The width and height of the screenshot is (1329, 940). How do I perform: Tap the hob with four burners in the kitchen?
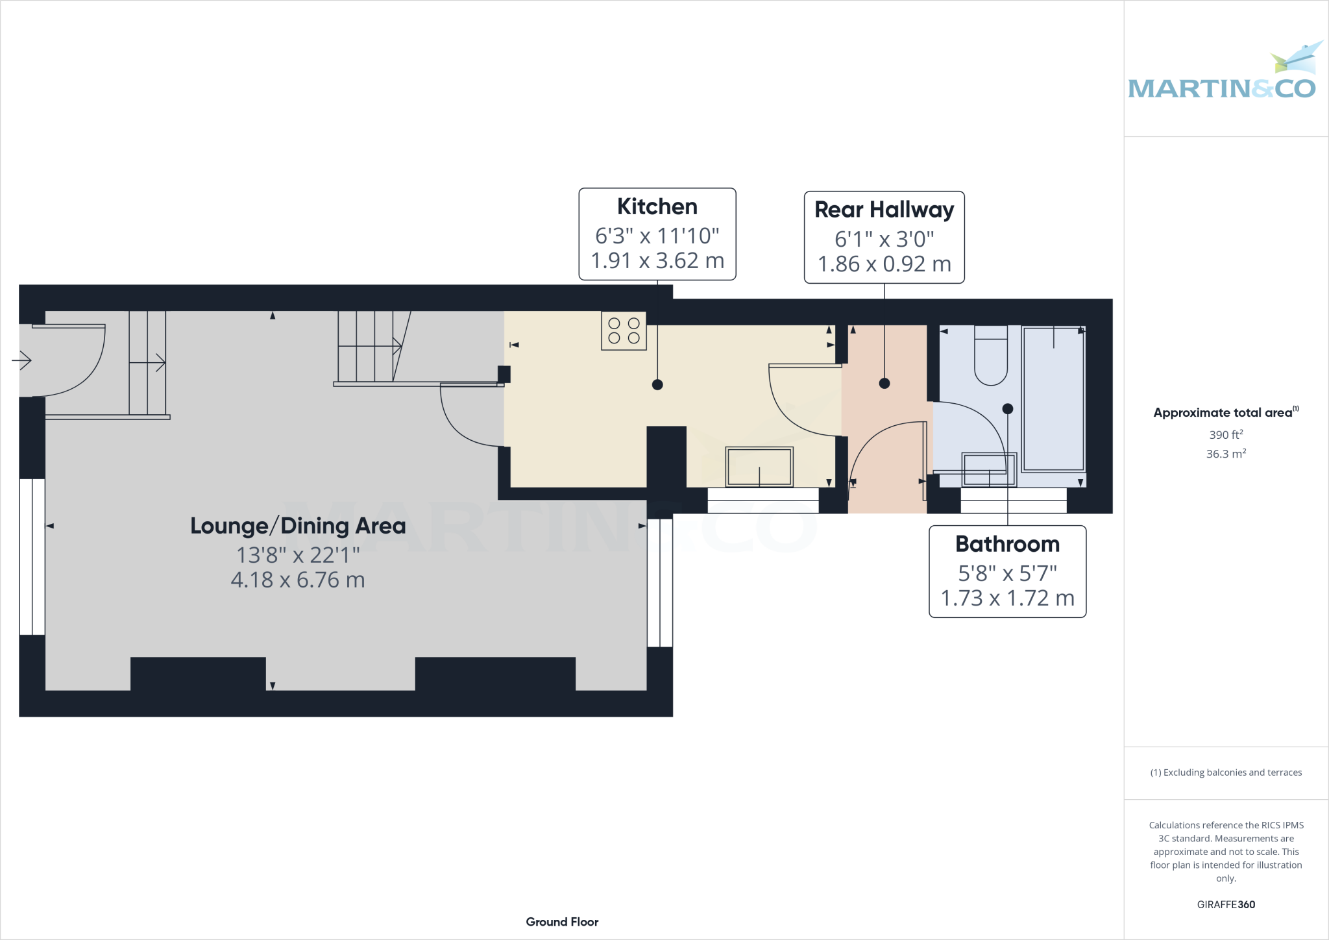coord(624,331)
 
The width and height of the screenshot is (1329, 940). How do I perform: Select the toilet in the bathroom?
coord(990,357)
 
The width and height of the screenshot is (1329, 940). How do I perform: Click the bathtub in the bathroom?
coord(1053,399)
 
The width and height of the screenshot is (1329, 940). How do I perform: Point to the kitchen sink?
coord(759,466)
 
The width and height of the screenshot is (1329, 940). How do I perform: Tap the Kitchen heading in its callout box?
coord(657,206)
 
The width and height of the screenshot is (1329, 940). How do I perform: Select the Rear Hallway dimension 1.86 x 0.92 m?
coord(884,264)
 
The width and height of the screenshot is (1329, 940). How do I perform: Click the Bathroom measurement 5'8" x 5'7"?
coord(1007,573)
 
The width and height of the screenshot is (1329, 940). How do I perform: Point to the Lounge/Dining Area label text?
coord(298,526)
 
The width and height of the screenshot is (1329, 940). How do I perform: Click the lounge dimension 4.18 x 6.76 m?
coord(298,580)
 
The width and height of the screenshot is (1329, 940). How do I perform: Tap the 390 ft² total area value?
coord(1225,434)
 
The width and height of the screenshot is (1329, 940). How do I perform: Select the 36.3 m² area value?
coord(1225,454)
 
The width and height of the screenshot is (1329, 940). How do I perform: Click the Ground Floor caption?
coord(562,922)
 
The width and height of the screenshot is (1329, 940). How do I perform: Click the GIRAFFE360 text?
coord(1225,904)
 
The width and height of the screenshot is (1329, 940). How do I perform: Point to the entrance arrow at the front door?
coord(21,360)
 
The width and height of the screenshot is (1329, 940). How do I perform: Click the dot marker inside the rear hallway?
coord(884,384)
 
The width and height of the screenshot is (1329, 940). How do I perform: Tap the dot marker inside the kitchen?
coord(657,384)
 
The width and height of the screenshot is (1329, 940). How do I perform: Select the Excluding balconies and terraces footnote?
coord(1225,773)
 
